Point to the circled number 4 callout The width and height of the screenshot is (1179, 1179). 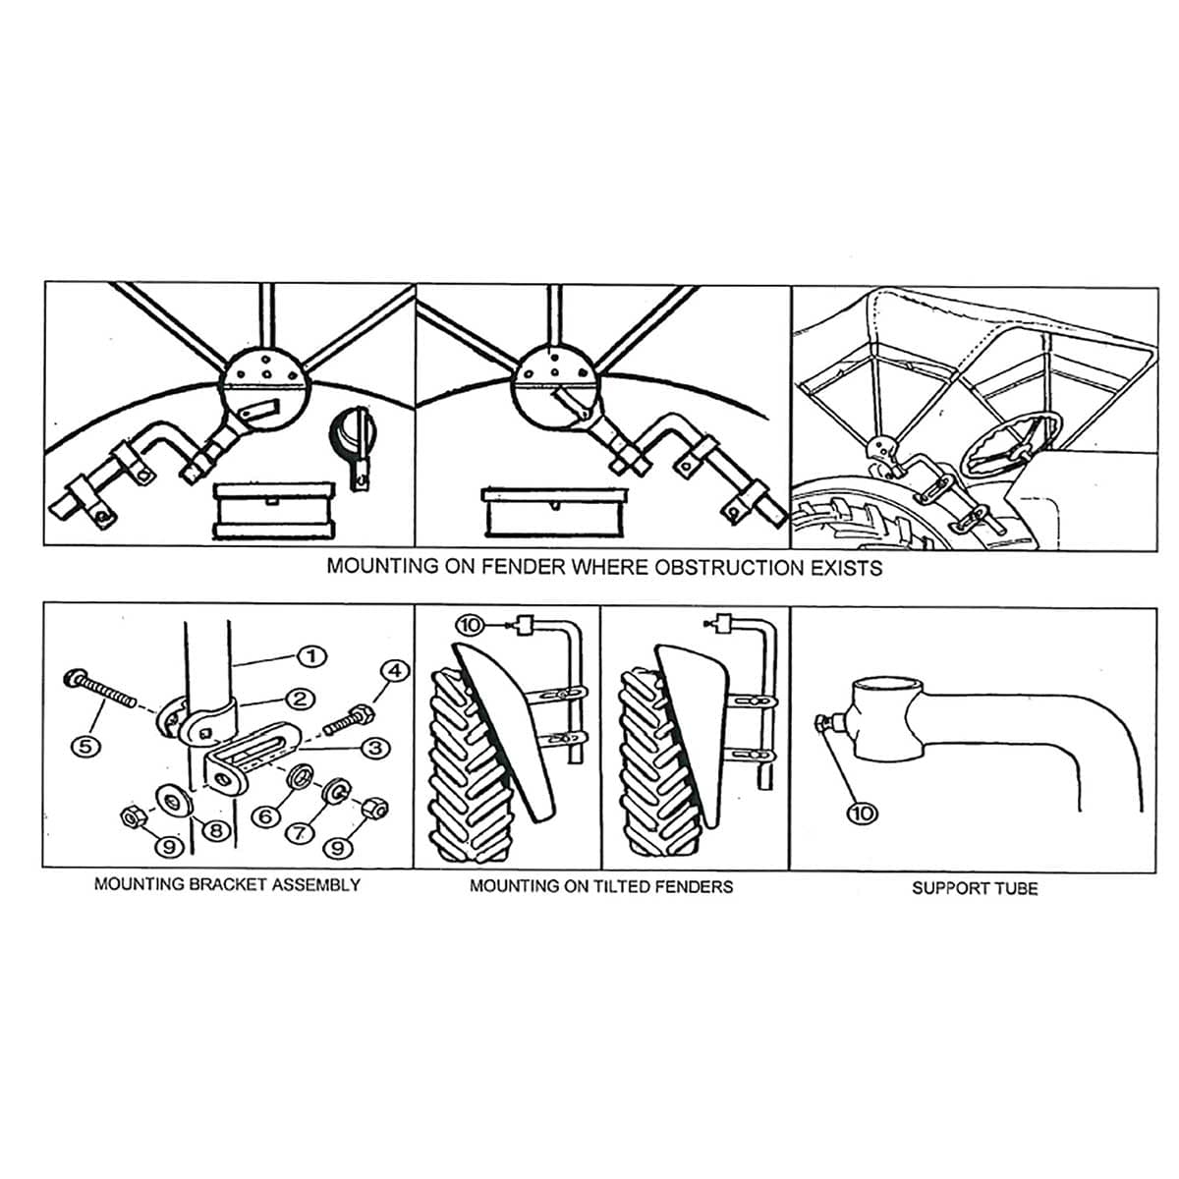pyautogui.click(x=394, y=672)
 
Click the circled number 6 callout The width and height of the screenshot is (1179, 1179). pyautogui.click(x=262, y=815)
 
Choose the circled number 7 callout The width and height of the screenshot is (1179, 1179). pyautogui.click(x=301, y=831)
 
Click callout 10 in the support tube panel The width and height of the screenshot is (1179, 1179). pyautogui.click(x=863, y=813)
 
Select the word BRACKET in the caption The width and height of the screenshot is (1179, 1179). pyautogui.click(x=222, y=884)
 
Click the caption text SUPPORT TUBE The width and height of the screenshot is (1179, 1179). pyautogui.click(x=974, y=888)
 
